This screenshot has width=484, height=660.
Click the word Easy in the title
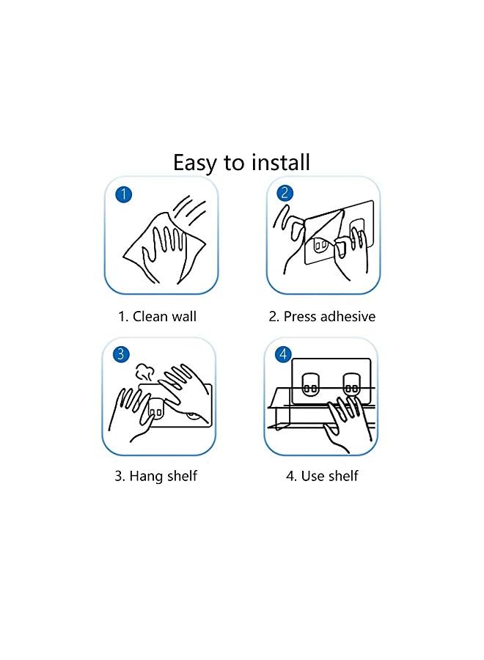(x=195, y=164)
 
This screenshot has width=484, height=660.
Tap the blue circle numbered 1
(x=123, y=194)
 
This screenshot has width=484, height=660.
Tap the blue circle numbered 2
(x=285, y=193)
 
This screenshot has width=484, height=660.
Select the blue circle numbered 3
(x=121, y=354)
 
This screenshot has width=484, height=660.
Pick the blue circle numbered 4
(x=283, y=354)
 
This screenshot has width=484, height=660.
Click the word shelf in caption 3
(x=183, y=476)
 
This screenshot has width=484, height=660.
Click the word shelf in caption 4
(x=343, y=476)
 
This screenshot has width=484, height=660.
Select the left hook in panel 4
(x=311, y=384)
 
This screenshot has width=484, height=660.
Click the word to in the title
(x=233, y=163)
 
